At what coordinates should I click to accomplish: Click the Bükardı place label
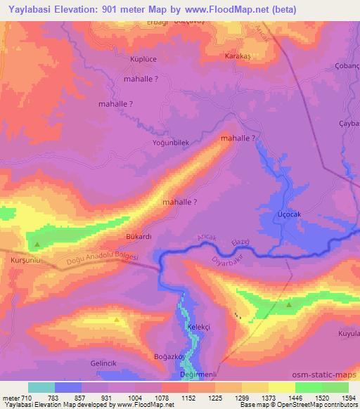click(139, 236)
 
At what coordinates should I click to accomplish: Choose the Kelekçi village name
click(200, 327)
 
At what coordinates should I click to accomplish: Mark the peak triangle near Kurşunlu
click(37, 244)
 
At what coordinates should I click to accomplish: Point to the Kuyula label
click(349, 333)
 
